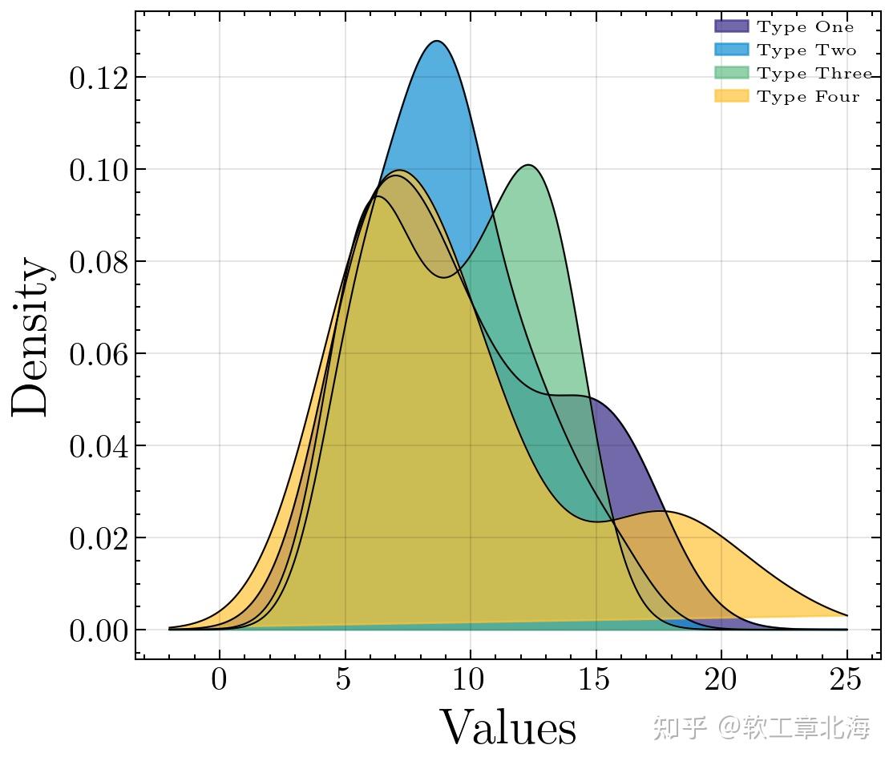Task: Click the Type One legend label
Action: coord(806,27)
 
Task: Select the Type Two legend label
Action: coord(806,50)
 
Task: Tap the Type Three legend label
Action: coord(814,74)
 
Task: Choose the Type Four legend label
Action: coord(808,97)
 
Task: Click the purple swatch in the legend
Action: coord(731,27)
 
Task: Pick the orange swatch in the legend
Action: coord(731,97)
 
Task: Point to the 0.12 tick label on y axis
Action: coord(99,79)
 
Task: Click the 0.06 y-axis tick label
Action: coord(99,355)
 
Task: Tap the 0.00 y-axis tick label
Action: coord(99,631)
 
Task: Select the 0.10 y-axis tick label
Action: coord(99,171)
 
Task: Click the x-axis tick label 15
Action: coord(596,681)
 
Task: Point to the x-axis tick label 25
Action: coord(847,681)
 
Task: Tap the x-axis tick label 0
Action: coord(219,681)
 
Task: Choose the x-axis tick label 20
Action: coord(721,681)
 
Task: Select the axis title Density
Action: coord(32,336)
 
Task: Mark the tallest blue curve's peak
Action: coord(437,42)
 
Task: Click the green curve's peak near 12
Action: coord(529,166)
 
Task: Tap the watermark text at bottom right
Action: coord(761,728)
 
